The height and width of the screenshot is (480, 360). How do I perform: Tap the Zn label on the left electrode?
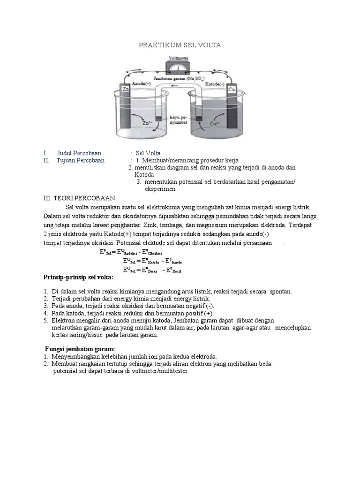126,88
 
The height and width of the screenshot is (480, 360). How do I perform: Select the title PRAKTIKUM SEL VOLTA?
180,45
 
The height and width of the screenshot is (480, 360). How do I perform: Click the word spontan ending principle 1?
281,291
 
